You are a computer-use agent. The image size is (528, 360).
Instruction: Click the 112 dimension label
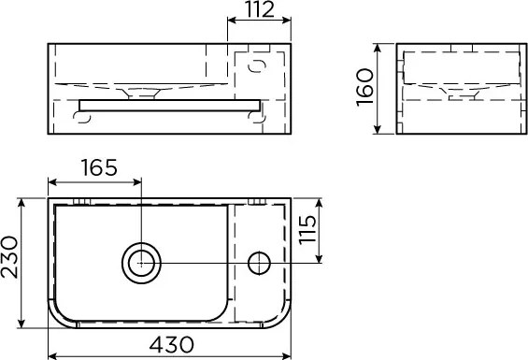click(x=259, y=9)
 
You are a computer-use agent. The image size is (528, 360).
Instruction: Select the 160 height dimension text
click(x=365, y=87)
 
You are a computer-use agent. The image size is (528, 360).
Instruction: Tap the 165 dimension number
click(x=99, y=167)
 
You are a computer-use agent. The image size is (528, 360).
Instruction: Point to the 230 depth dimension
click(x=9, y=257)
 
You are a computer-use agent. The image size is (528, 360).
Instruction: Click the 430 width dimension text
click(x=172, y=344)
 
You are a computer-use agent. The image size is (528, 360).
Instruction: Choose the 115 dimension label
click(x=307, y=229)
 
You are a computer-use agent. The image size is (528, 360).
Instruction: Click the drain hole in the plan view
click(x=141, y=263)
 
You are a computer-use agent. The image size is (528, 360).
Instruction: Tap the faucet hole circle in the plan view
click(x=259, y=263)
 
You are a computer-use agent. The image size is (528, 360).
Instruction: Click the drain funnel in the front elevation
click(x=141, y=93)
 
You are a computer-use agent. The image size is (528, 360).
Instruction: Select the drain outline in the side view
click(x=462, y=94)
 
